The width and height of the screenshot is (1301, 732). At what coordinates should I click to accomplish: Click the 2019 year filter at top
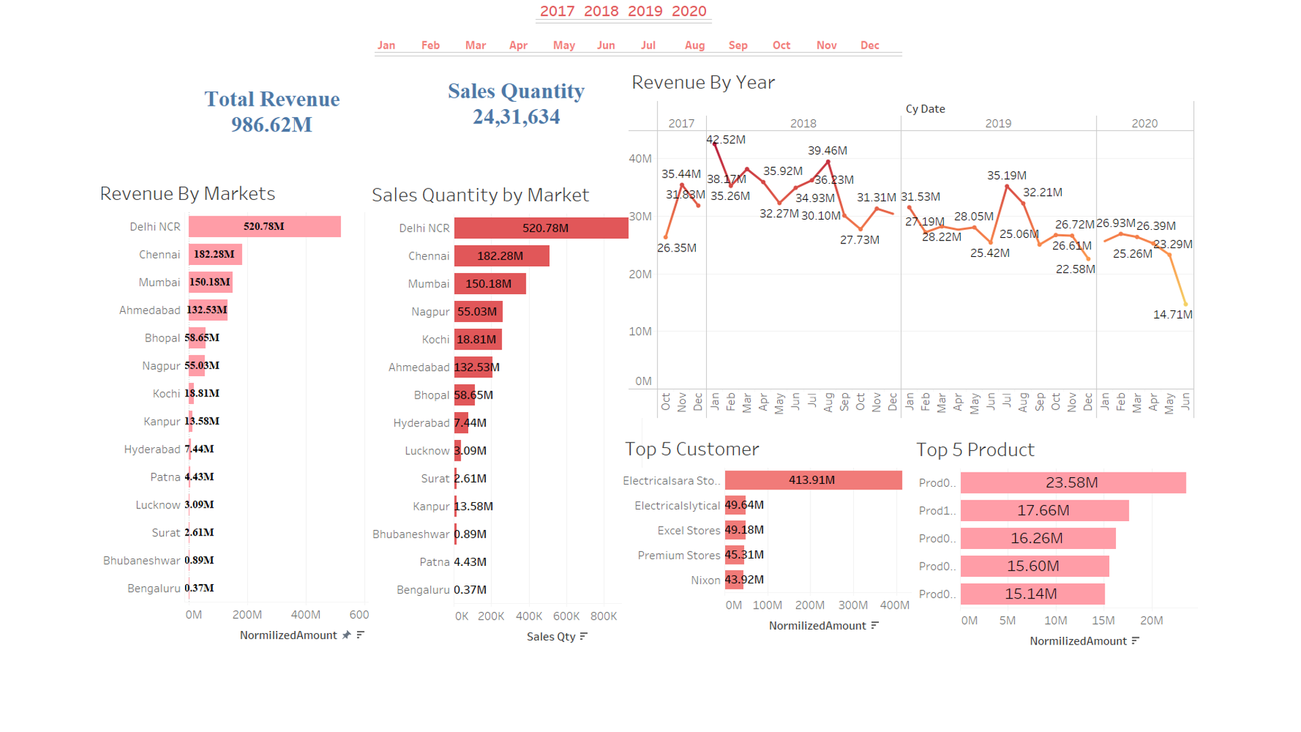point(644,12)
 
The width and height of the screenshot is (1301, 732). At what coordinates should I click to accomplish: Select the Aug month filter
point(695,45)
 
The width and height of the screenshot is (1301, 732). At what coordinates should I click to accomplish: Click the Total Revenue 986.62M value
point(272,125)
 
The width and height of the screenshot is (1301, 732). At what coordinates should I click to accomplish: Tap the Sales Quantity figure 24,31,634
point(516,117)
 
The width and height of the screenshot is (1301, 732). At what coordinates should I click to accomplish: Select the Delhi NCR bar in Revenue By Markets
point(264,226)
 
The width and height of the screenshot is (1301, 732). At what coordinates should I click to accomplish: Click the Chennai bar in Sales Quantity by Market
point(501,256)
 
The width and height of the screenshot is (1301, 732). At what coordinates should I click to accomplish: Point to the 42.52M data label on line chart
point(726,140)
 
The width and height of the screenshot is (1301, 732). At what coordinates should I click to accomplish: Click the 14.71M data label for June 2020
point(1172,314)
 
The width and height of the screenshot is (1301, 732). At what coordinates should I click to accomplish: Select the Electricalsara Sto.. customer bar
point(813,480)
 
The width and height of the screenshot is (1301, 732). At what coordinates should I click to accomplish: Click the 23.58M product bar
point(1073,483)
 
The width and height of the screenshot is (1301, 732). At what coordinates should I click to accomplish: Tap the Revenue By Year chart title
point(703,83)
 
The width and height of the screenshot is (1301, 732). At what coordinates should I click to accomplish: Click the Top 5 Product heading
point(975,450)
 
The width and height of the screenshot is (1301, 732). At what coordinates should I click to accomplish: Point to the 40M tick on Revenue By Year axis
point(640,159)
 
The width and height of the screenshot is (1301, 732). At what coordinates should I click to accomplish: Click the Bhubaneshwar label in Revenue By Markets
point(142,561)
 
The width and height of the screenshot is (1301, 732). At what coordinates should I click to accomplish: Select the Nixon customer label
point(705,580)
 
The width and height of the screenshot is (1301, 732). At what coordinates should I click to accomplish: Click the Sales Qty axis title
point(551,636)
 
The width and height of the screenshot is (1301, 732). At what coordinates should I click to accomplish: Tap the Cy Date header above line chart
point(925,109)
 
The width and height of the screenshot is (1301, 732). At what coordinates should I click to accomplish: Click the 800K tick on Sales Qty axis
point(603,616)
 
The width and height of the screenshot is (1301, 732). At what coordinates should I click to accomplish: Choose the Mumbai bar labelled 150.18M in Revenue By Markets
point(211,282)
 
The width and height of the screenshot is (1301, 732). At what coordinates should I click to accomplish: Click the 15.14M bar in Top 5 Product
point(1032,594)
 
